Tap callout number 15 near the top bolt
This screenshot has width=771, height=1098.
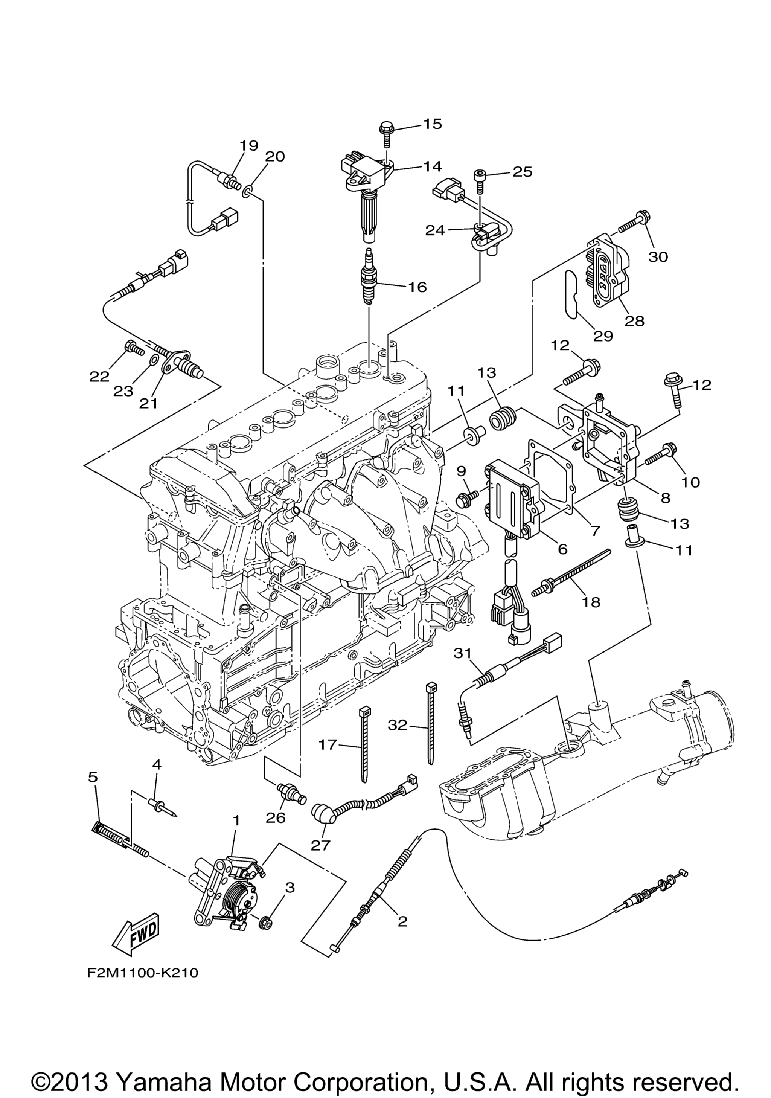(433, 124)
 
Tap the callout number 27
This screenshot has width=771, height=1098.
(320, 845)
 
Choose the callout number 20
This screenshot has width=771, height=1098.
(274, 156)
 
